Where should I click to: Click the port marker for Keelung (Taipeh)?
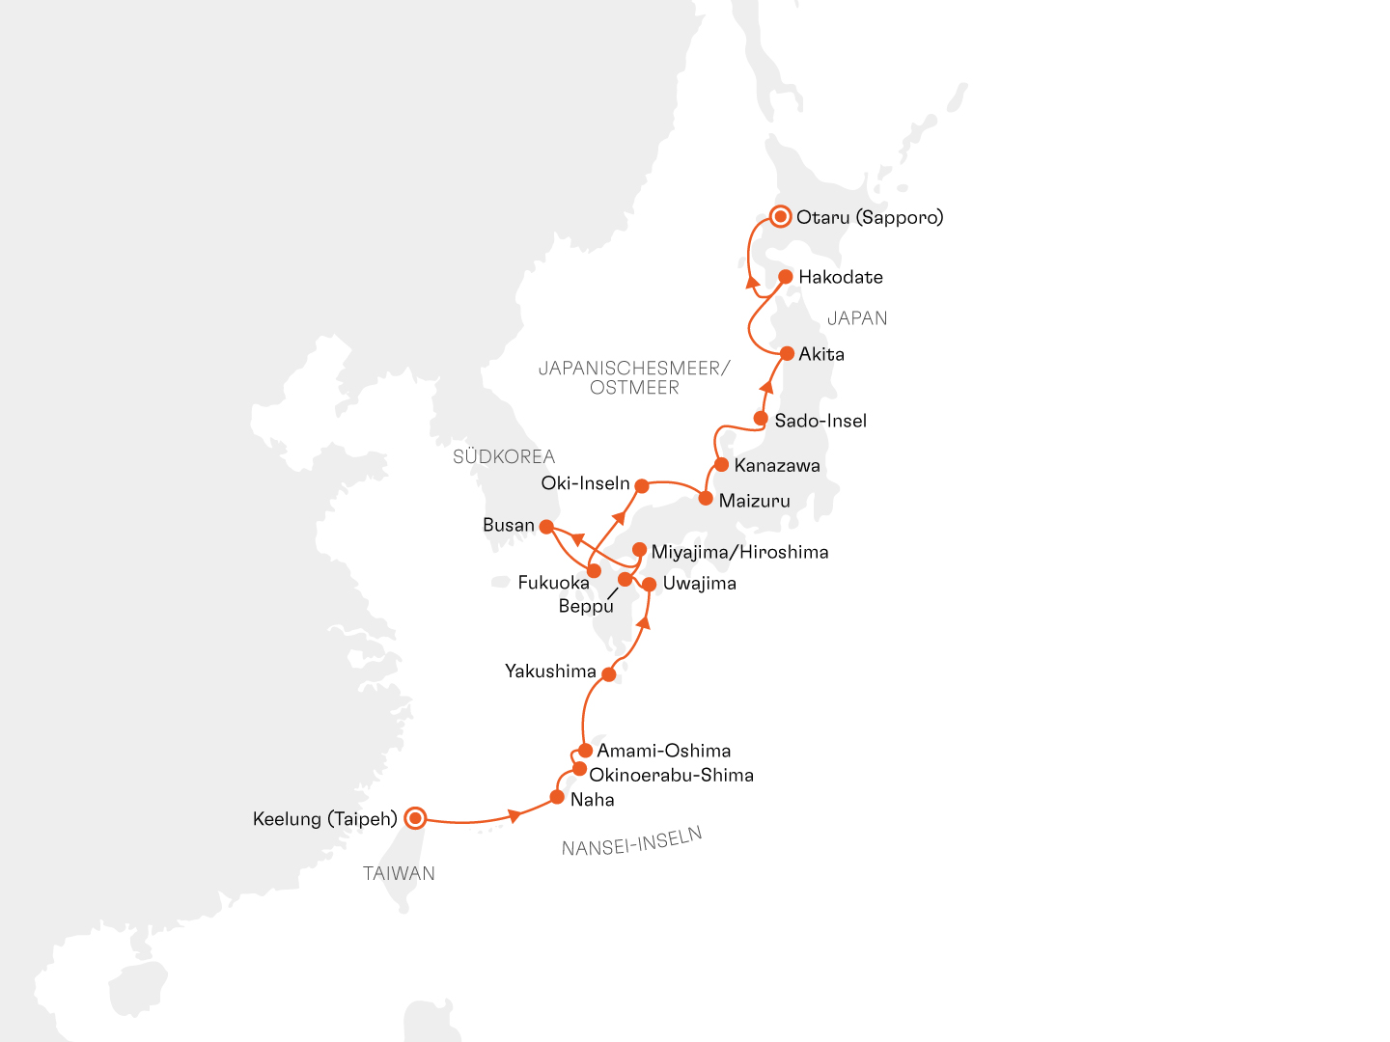(x=415, y=818)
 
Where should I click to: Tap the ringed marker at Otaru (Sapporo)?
(x=780, y=217)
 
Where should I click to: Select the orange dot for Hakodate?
(x=786, y=277)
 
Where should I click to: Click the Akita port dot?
(x=787, y=354)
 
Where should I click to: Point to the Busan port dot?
(x=546, y=527)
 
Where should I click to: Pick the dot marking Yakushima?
(x=608, y=674)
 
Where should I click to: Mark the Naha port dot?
(x=557, y=797)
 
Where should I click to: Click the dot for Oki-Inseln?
(x=642, y=486)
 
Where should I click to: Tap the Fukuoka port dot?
(x=594, y=571)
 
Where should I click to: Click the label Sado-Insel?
(x=820, y=421)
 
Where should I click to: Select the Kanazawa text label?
(x=777, y=466)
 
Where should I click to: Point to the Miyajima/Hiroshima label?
(x=739, y=552)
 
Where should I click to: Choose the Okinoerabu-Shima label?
(x=671, y=775)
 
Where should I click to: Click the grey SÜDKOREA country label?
(x=504, y=456)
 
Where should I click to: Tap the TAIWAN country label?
(x=399, y=873)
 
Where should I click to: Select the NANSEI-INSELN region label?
(x=631, y=841)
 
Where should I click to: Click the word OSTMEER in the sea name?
(x=634, y=388)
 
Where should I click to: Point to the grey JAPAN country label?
(x=857, y=318)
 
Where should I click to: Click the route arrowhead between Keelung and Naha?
(x=514, y=816)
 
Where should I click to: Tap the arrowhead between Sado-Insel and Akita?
(x=767, y=388)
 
